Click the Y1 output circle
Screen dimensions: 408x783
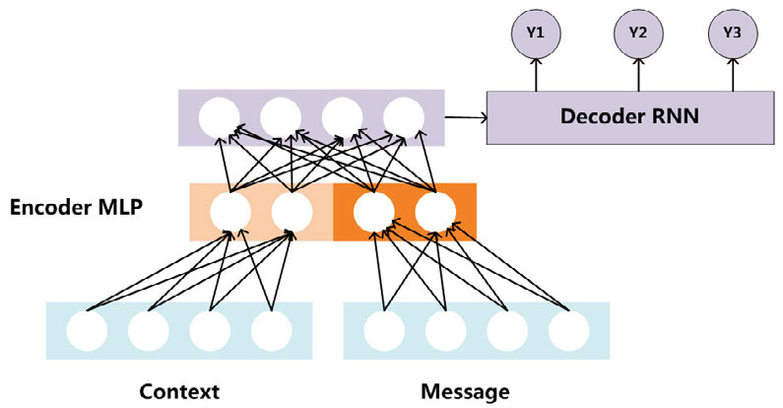pos(536,32)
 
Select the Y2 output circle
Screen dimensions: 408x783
pos(637,32)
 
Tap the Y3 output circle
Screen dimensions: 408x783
pos(731,32)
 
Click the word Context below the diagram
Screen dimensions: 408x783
pos(178,391)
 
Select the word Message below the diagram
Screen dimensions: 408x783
pos(466,391)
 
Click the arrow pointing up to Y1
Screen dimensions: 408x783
pos(537,73)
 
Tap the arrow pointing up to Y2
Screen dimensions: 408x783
pos(637,73)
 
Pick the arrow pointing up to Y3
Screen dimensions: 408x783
pos(731,73)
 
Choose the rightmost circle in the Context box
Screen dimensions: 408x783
pos(271,331)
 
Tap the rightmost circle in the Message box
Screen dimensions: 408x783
pos(569,331)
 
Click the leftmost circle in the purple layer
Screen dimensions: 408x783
pos(219,117)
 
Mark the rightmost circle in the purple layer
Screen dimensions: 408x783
pos(402,117)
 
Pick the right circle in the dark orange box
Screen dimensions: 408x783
pos(434,211)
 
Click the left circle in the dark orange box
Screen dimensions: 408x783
pos(373,211)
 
